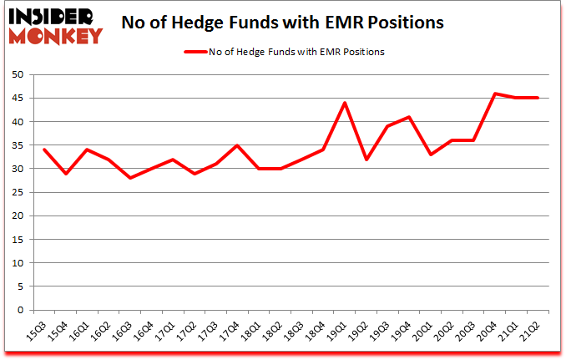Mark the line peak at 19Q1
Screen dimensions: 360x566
345,103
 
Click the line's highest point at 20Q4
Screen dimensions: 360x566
496,94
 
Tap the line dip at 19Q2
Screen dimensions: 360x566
366,160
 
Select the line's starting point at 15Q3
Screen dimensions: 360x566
44,150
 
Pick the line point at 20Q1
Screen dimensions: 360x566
431,155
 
